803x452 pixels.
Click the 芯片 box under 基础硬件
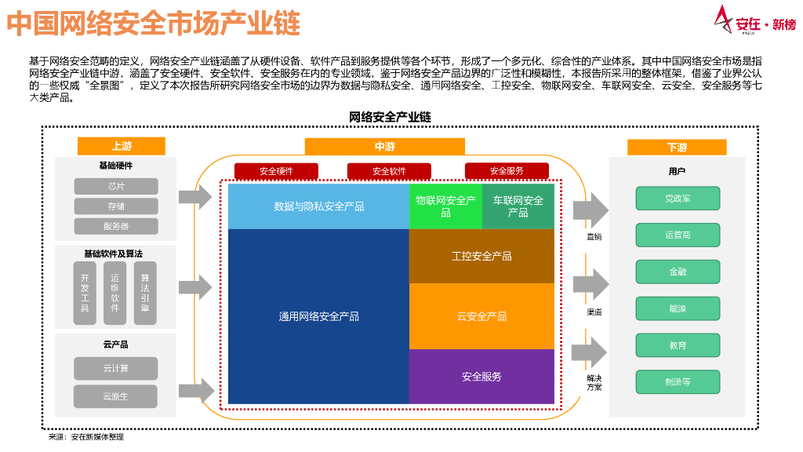116,186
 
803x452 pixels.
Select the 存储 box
116,206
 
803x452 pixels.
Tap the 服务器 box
116,226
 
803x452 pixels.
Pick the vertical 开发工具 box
85,293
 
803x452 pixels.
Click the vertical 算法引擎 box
145,293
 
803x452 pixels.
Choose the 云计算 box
116,368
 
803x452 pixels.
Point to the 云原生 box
116,396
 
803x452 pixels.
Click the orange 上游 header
122,147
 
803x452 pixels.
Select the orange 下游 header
677,147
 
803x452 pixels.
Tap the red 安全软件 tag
389,171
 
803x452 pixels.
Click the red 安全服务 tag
507,171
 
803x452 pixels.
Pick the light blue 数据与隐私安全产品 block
318,206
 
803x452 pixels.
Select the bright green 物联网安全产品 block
445,206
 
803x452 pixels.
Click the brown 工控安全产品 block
481,256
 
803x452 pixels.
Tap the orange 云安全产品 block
481,316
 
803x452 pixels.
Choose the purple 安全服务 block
481,377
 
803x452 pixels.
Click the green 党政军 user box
678,199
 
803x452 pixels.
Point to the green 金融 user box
678,272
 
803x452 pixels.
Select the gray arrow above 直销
590,210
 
